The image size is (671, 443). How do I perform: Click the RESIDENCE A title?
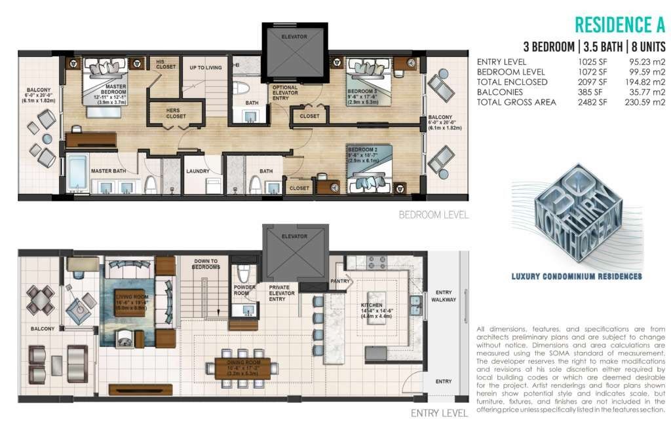[x=619, y=25]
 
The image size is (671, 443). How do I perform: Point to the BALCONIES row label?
[x=503, y=92]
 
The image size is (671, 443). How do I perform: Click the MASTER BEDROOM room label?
[x=108, y=92]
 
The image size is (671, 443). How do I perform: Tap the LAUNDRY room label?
[x=197, y=171]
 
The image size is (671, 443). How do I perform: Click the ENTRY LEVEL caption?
[x=439, y=413]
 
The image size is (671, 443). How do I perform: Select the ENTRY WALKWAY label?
[x=443, y=296]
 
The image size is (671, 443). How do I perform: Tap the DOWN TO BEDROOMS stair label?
[x=206, y=264]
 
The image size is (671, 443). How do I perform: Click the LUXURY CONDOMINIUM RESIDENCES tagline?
[x=577, y=277]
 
